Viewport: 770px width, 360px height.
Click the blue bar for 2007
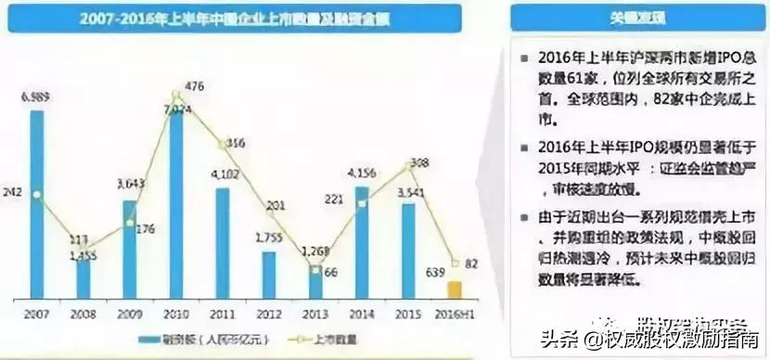click(37, 204)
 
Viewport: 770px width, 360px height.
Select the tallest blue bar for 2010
click(176, 204)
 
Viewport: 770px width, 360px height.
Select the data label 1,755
click(269, 238)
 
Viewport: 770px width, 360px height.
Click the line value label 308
click(419, 162)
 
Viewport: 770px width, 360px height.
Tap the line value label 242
click(13, 194)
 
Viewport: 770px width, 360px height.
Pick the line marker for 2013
click(315, 270)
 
